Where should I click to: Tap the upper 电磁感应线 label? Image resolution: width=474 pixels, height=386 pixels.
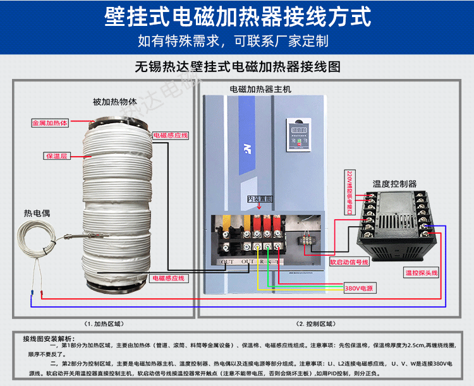(169, 135)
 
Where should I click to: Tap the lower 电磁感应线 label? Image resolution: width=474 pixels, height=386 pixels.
(167, 278)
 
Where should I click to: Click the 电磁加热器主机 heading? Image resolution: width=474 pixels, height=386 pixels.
(260, 90)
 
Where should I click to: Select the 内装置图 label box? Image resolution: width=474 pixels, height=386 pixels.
(259, 199)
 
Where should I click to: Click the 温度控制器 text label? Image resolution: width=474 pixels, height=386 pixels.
(394, 184)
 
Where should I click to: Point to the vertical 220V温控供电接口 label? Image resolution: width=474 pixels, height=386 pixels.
(348, 190)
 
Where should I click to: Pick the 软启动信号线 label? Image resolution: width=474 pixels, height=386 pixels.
(349, 262)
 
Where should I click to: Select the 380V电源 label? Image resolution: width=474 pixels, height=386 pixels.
(358, 289)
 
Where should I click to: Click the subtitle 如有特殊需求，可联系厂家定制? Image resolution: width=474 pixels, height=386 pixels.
(233, 42)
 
